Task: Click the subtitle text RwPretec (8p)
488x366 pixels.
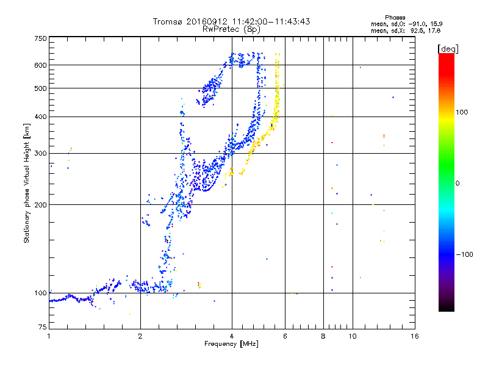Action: pos(232,29)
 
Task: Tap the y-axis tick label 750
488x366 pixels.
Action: pos(40,38)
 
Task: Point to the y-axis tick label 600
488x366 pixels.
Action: pos(40,65)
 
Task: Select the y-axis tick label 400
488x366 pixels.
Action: pos(40,117)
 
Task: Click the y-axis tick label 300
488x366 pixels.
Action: pos(40,153)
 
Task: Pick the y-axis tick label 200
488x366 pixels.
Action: pos(40,204)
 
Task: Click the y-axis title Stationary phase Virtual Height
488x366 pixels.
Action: pos(27,183)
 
